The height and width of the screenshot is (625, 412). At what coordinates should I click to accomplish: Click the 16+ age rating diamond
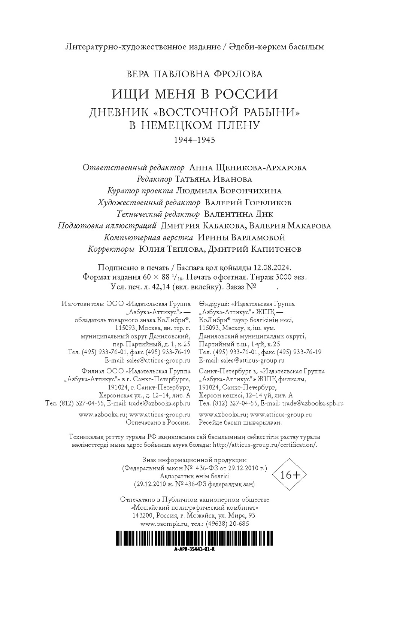point(291,475)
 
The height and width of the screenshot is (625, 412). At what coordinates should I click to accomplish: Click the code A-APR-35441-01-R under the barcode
point(194,549)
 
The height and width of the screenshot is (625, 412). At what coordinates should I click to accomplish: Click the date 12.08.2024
point(272,268)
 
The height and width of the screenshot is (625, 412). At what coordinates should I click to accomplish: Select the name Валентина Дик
point(239,214)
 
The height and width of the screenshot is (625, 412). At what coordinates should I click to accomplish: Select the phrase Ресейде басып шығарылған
point(240,422)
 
